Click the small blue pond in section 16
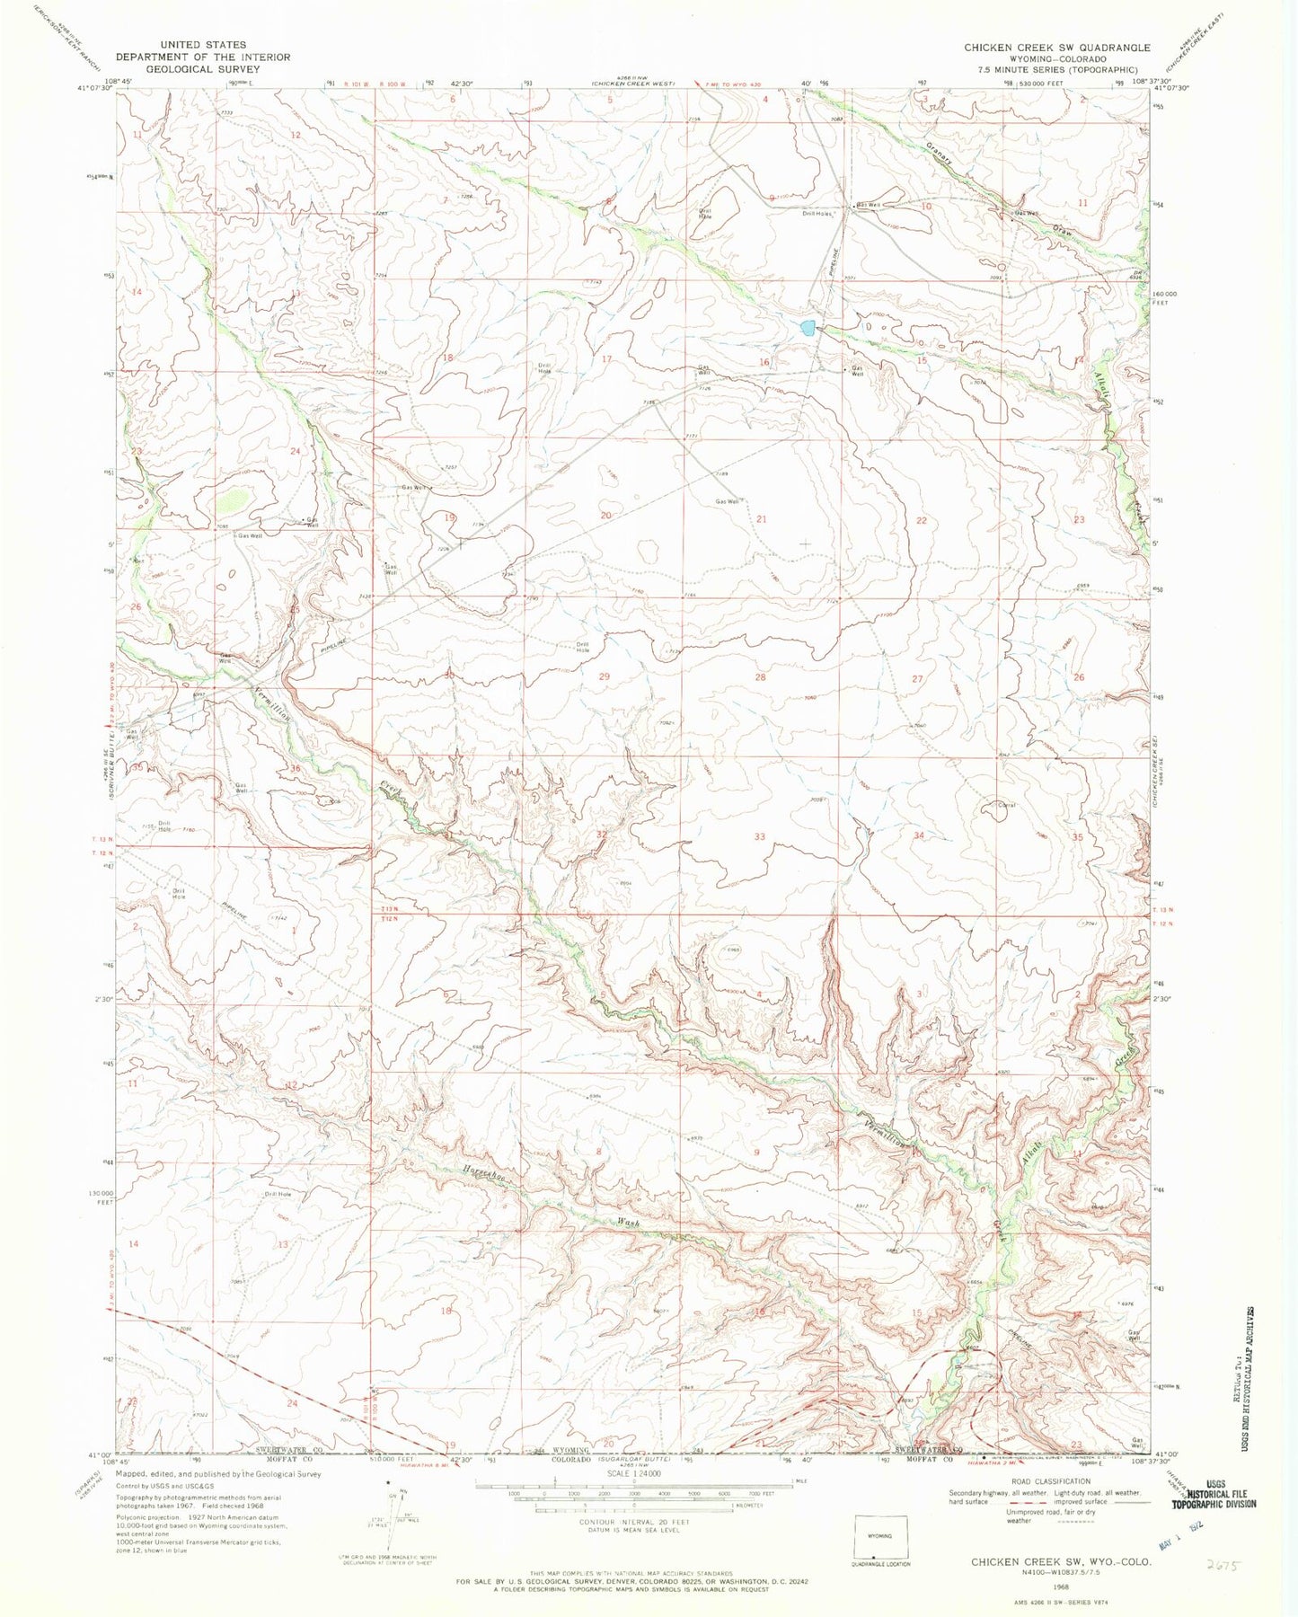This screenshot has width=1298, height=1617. click(x=808, y=327)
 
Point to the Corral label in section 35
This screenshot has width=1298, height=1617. click(x=1006, y=806)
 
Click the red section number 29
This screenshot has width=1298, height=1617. click(x=605, y=676)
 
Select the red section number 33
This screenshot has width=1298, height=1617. click(x=760, y=836)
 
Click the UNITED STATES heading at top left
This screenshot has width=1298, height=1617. click(x=203, y=44)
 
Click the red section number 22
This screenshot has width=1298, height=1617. click(x=921, y=520)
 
